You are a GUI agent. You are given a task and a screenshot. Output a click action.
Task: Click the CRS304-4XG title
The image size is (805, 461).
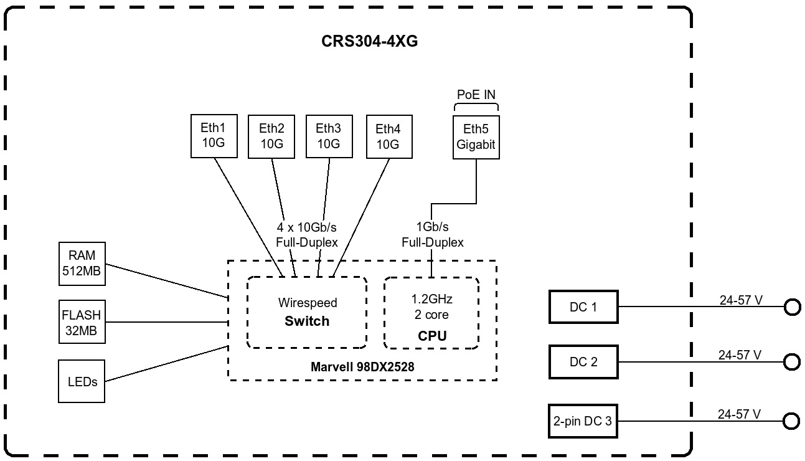pyautogui.click(x=369, y=42)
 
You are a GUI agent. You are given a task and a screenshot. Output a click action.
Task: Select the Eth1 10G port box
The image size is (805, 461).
pyautogui.click(x=213, y=136)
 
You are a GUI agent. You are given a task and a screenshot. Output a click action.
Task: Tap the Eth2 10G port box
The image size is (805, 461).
pyautogui.click(x=271, y=136)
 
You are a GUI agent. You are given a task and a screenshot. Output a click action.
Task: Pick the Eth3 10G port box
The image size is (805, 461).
pyautogui.click(x=328, y=136)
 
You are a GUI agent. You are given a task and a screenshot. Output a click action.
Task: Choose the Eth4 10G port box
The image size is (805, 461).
pyautogui.click(x=388, y=136)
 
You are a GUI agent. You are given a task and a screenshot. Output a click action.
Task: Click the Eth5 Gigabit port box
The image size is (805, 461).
pyautogui.click(x=476, y=137)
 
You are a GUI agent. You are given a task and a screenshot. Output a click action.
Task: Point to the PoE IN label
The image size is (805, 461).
pyautogui.click(x=476, y=95)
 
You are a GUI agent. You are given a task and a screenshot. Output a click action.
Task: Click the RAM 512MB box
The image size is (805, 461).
pyautogui.click(x=82, y=263)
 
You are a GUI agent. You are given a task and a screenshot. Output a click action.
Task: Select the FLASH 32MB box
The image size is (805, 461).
pyautogui.click(x=82, y=322)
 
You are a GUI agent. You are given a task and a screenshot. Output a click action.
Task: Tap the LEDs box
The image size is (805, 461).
pyautogui.click(x=82, y=381)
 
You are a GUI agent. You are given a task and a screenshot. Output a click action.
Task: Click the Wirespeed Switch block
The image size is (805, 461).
pyautogui.click(x=307, y=312)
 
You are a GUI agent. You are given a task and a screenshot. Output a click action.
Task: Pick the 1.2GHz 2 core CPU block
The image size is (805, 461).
pyautogui.click(x=431, y=312)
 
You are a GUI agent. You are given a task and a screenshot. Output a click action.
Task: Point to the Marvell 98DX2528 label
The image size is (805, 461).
pyautogui.click(x=362, y=368)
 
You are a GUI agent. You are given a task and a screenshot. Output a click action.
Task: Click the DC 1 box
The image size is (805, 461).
pyautogui.click(x=583, y=307)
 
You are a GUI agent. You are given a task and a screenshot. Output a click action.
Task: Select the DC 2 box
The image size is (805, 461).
pyautogui.click(x=583, y=362)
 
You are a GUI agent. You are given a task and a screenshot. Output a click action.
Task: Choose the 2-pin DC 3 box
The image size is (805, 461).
pyautogui.click(x=583, y=422)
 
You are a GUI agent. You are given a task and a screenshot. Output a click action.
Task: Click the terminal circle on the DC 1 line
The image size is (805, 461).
pyautogui.click(x=792, y=307)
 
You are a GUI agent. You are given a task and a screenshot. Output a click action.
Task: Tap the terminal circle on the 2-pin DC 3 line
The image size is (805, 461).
pyautogui.click(x=791, y=422)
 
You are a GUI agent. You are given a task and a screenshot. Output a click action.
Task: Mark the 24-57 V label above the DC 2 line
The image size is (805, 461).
pyautogui.click(x=740, y=355)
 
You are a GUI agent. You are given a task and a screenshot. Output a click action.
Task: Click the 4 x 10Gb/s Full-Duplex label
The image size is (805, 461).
pyautogui.click(x=307, y=235)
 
